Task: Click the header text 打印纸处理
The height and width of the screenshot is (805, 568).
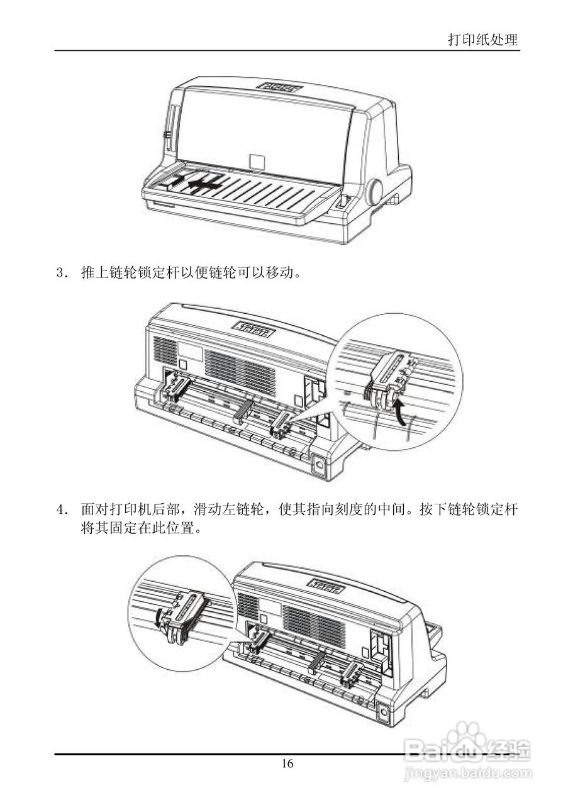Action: click(x=483, y=40)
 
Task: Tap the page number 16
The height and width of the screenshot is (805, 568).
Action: click(x=287, y=764)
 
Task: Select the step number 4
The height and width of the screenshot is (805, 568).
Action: click(x=61, y=509)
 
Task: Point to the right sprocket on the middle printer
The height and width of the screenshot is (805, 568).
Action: click(x=281, y=424)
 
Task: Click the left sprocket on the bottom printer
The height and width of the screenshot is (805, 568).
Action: click(x=257, y=641)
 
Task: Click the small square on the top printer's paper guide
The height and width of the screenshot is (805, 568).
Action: click(x=257, y=162)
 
